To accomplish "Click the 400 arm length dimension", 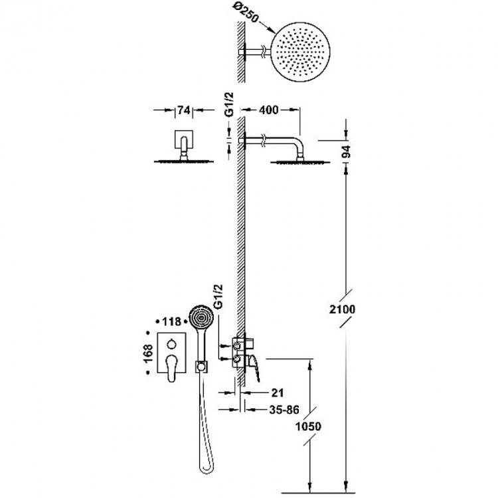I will [x=269, y=111].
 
